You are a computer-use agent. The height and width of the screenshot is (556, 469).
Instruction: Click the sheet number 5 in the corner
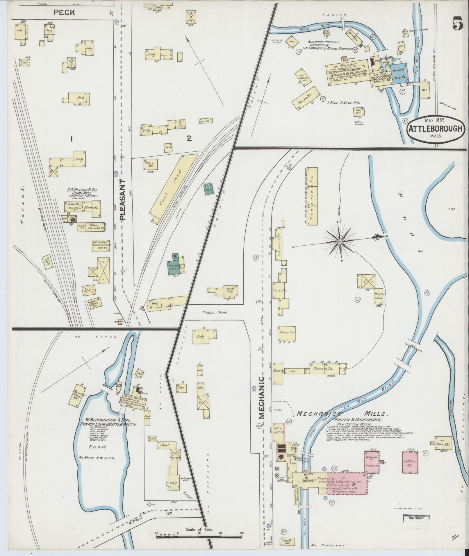point(458,23)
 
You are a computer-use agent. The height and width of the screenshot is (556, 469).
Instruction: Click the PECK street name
point(64,12)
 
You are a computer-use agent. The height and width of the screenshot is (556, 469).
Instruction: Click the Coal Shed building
point(172,188)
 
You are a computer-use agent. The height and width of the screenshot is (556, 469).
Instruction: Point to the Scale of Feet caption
point(199,530)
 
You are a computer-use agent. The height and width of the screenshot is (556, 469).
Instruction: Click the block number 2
point(189,139)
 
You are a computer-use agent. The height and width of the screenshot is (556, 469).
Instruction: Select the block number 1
point(71,139)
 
